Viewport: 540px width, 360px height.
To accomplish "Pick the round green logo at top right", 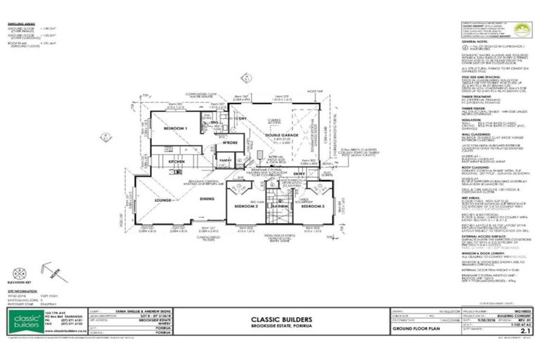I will point(518,30).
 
